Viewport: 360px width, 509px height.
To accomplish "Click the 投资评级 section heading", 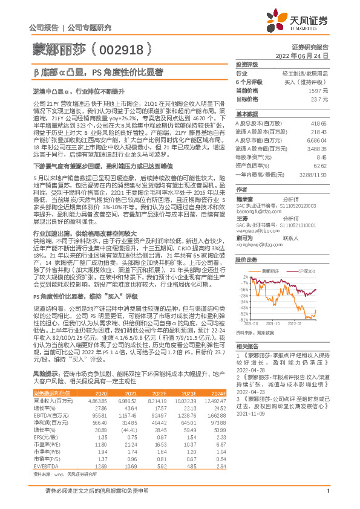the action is (246, 64).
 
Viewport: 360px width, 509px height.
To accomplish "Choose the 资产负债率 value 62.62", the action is (321, 164).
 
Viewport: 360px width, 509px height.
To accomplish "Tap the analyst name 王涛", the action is (242, 218).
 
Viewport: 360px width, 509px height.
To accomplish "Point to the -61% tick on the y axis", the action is (244, 320).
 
